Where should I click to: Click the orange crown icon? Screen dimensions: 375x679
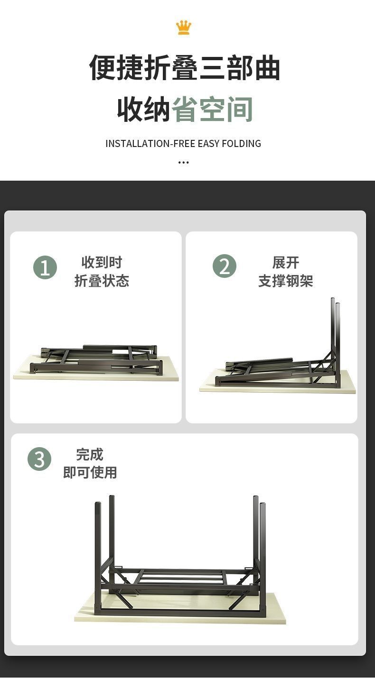click(x=184, y=28)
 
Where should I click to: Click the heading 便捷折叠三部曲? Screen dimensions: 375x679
click(x=185, y=67)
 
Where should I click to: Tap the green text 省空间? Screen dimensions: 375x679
click(x=212, y=109)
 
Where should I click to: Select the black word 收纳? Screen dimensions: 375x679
click(x=144, y=109)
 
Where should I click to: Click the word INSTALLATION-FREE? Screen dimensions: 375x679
click(x=150, y=143)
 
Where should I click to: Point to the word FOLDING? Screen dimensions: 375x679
click(x=241, y=143)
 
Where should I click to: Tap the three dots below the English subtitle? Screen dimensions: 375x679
click(x=184, y=163)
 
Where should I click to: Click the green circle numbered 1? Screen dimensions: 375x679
click(x=45, y=267)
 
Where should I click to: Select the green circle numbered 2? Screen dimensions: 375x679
click(x=224, y=266)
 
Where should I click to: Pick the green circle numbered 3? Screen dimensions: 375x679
click(x=39, y=459)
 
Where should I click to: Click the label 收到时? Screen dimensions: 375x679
click(x=102, y=263)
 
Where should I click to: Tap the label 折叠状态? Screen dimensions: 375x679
click(x=102, y=281)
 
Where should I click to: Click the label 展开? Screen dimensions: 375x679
click(x=285, y=263)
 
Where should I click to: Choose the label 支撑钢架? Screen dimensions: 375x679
click(x=285, y=281)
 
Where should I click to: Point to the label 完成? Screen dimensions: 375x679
click(x=90, y=454)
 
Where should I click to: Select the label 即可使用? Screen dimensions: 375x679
click(x=90, y=472)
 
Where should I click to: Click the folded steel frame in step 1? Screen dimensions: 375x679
click(x=96, y=359)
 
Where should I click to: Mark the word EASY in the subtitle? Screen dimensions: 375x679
click(x=208, y=143)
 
